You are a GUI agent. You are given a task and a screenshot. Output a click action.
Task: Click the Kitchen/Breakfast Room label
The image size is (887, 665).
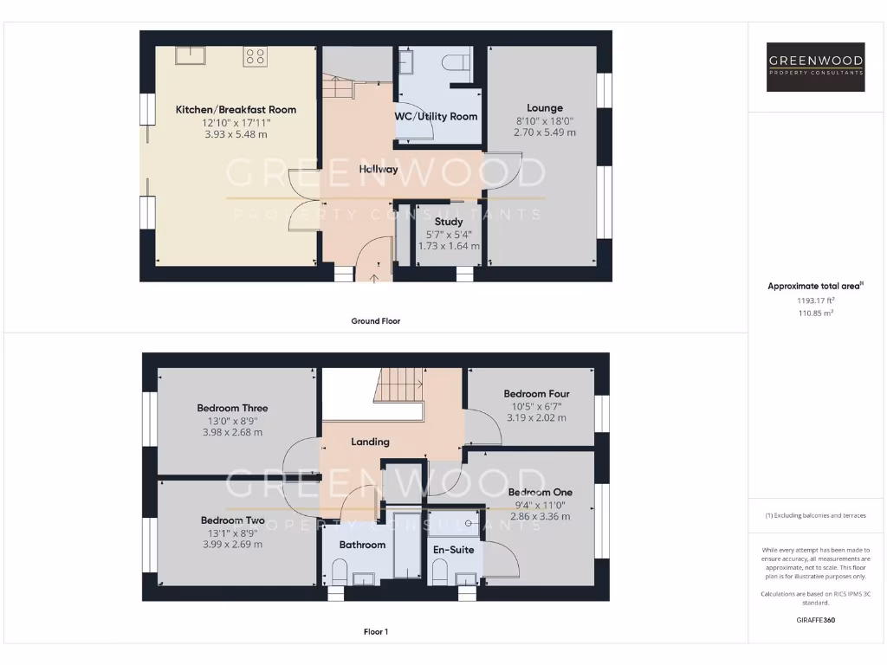click(x=236, y=110)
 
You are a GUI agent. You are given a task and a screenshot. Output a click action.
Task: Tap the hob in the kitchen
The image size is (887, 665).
click(x=255, y=56)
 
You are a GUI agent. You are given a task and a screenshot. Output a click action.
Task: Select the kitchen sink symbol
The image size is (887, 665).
click(x=190, y=55)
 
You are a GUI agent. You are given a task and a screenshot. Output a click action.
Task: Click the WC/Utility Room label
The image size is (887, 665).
click(x=436, y=116)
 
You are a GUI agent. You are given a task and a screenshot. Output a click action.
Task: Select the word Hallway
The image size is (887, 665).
click(x=379, y=170)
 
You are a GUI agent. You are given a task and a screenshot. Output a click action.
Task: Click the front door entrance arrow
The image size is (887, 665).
click(x=374, y=278)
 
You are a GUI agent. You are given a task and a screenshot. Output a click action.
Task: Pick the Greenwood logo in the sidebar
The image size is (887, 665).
click(x=816, y=67)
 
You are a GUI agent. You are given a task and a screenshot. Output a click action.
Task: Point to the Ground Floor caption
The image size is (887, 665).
click(x=375, y=320)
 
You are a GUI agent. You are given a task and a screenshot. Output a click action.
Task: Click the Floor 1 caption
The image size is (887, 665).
click(x=375, y=632)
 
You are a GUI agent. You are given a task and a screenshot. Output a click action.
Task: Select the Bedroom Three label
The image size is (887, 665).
click(x=232, y=408)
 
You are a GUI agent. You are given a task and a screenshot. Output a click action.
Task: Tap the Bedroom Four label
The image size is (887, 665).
click(x=536, y=394)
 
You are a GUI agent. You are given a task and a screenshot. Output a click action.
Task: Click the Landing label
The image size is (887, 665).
click(x=370, y=442)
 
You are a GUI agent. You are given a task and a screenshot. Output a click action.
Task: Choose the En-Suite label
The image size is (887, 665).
click(x=453, y=549)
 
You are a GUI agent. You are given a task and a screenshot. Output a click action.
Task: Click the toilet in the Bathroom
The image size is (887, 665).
click(x=339, y=571)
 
